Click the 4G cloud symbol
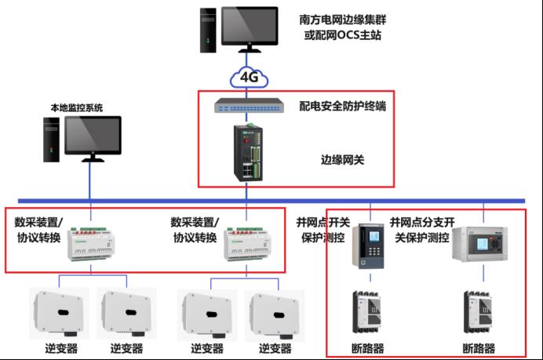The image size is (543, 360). coord(248,78)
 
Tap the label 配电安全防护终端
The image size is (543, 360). coord(342,105)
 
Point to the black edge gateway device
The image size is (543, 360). coord(248,153)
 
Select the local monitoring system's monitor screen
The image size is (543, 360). coord(93,135)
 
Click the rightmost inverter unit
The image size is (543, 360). coord(275,313)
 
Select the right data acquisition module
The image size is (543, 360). coord(248,242)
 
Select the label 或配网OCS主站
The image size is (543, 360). coord(343,37)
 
